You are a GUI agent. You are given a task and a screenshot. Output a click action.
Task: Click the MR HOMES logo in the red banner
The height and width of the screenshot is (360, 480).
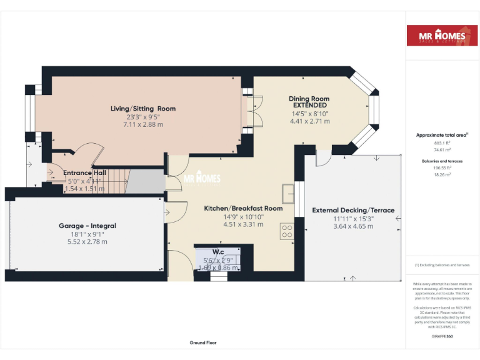[x=442, y=36]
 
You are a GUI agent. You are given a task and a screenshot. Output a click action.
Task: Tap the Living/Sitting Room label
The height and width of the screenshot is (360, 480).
[x=143, y=109]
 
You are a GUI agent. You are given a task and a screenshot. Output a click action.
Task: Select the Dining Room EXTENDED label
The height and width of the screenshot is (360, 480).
[x=309, y=102]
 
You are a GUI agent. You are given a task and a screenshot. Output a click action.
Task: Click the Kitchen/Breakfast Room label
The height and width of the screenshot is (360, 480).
[x=244, y=208]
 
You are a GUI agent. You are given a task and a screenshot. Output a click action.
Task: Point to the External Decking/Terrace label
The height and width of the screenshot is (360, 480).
[x=353, y=211]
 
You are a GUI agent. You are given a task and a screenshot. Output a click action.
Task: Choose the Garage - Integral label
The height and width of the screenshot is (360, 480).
[x=87, y=226]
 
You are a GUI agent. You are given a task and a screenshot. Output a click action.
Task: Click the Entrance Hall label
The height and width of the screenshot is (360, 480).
[x=85, y=173]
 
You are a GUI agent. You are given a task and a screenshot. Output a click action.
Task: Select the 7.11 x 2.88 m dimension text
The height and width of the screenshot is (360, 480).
[x=143, y=124]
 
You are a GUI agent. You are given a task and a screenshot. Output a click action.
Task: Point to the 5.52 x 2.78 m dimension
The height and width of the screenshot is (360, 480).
[x=87, y=241]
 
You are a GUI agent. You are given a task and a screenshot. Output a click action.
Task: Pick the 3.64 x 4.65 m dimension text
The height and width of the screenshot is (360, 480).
[x=353, y=226]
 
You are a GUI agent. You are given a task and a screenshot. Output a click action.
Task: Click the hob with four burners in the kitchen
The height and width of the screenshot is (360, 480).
[x=287, y=231]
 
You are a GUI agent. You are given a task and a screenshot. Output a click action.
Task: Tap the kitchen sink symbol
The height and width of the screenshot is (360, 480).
[x=288, y=193]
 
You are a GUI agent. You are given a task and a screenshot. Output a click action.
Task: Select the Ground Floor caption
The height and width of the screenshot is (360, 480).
[x=203, y=342]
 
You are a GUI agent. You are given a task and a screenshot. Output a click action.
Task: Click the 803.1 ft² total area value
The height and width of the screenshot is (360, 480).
[x=442, y=142]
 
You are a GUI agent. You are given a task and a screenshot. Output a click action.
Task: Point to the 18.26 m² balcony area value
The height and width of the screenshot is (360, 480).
[x=442, y=175]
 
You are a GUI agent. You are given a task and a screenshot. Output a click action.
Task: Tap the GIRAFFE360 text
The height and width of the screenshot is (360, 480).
[x=442, y=336]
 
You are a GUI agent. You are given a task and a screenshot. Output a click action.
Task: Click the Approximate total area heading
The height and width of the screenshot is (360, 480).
[x=441, y=135]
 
